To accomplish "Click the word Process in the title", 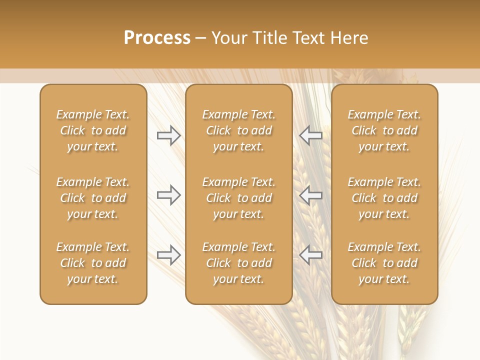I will click(157, 38).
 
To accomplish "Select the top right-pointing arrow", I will click(168, 135).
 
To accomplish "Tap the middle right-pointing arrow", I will click(168, 195).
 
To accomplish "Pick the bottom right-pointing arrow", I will click(168, 255).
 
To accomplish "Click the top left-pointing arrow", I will click(310, 135).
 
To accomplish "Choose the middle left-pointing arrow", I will click(310, 195).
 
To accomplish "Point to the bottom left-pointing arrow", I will click(310, 255).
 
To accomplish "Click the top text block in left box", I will click(93, 130).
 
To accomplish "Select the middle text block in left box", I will click(93, 198).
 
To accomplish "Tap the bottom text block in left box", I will click(93, 263).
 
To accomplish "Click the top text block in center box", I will click(238, 130).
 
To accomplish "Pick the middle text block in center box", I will click(238, 198).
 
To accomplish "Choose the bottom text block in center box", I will click(238, 263).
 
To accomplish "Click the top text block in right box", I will click(384, 130).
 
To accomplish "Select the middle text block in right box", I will click(384, 198).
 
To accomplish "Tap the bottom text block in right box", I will click(384, 263).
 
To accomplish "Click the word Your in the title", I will click(229, 38).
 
